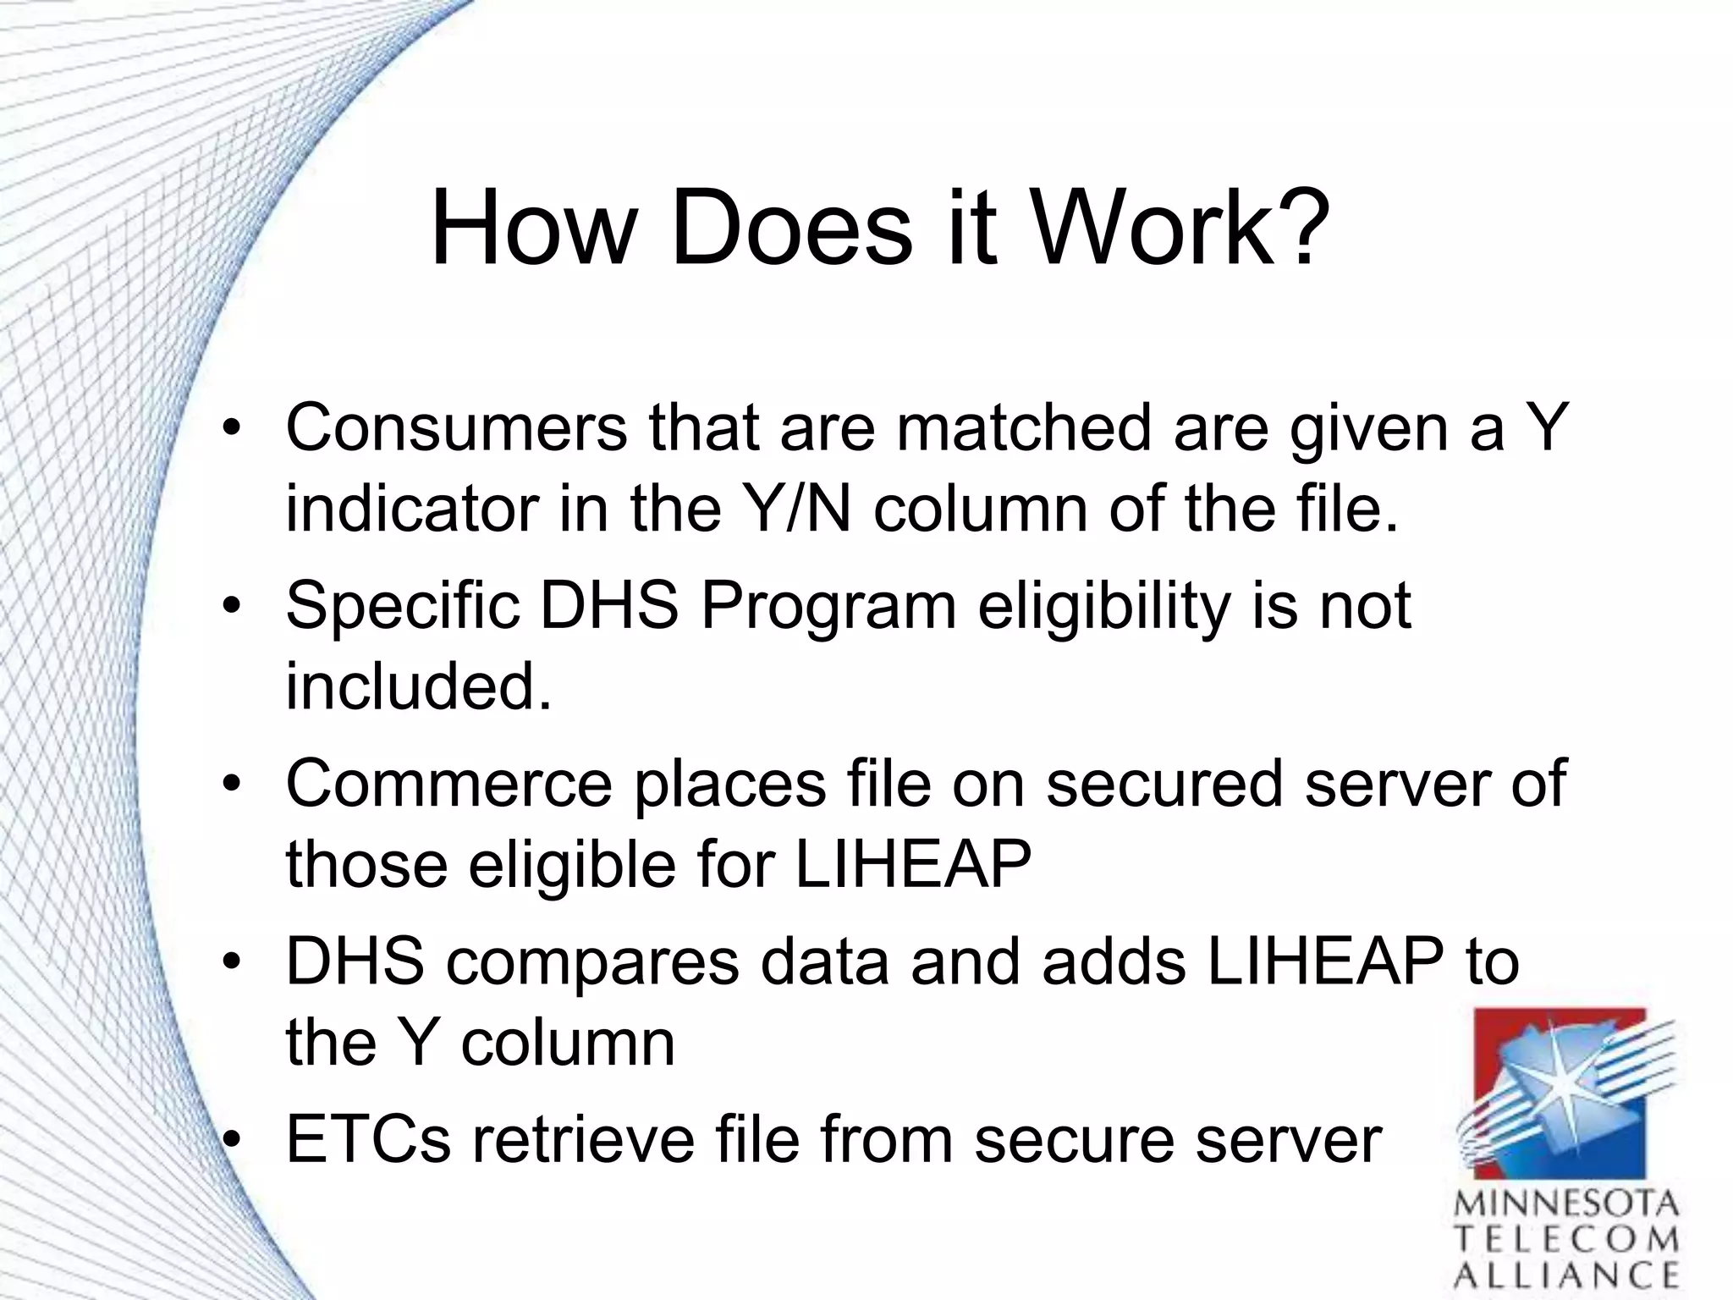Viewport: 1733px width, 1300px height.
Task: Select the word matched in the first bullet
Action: coord(1024,428)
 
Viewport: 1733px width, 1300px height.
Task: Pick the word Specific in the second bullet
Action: coord(402,607)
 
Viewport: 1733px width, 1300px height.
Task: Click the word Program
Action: coord(828,607)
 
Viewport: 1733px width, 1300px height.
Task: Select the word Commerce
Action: coord(448,785)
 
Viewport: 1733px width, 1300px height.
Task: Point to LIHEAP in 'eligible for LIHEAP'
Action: coord(913,864)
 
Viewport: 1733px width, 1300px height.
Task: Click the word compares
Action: coord(592,962)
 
